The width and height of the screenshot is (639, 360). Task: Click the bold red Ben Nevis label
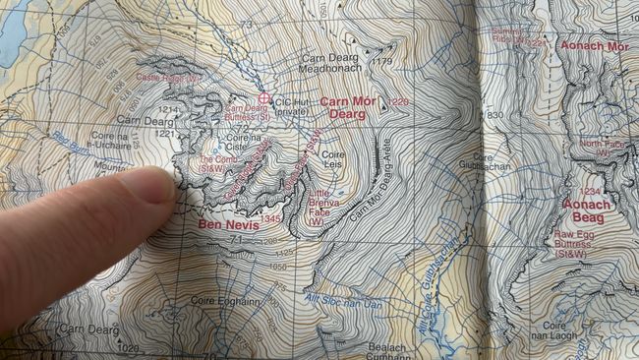[x=228, y=224]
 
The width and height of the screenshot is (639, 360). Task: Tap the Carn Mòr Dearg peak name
[x=349, y=107]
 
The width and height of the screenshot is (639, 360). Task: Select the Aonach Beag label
[x=587, y=210]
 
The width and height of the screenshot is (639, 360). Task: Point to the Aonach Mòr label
[x=594, y=46]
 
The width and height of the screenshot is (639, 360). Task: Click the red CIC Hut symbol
[x=263, y=98]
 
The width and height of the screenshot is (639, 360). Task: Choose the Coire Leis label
[x=334, y=160]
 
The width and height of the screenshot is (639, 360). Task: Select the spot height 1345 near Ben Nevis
[x=270, y=218]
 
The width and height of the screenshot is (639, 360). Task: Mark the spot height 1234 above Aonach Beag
[x=590, y=192]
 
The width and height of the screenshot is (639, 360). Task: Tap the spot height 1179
[x=382, y=62]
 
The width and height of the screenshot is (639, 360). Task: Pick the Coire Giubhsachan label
[x=495, y=161]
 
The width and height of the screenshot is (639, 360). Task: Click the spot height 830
[x=494, y=115]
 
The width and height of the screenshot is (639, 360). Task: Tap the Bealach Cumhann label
[x=386, y=351]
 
